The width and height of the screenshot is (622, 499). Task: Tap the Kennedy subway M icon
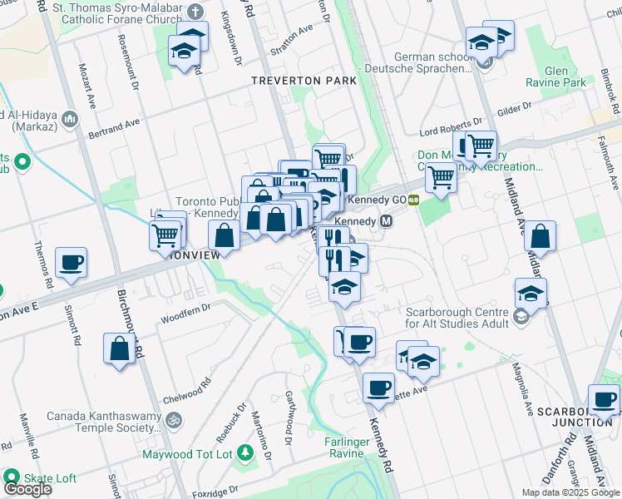pos(386,222)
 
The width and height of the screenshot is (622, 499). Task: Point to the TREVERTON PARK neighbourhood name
pos(304,81)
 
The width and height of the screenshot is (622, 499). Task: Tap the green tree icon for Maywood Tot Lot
pos(244,452)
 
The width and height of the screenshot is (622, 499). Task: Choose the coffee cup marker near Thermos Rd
pos(70,263)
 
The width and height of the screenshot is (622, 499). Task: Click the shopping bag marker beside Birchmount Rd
pos(120,348)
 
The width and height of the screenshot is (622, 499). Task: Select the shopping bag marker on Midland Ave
pos(540,236)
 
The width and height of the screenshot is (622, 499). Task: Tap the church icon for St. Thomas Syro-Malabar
pos(195,11)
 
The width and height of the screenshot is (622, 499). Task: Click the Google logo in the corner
pos(27,489)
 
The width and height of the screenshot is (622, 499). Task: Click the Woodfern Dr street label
pos(185,313)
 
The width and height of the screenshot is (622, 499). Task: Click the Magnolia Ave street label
pos(526,391)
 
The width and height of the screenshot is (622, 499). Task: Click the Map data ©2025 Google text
pos(570,492)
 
